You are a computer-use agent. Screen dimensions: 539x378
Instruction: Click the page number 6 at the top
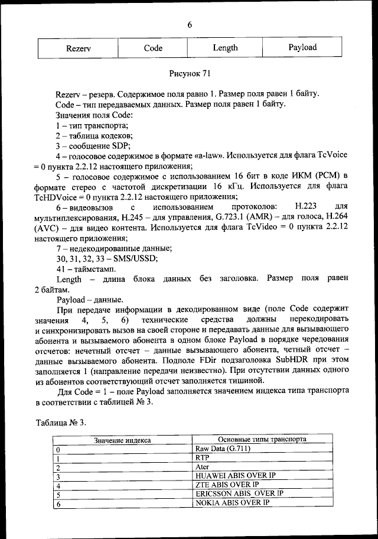pos(190,25)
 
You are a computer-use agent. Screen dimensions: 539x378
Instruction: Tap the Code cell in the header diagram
pos(153,48)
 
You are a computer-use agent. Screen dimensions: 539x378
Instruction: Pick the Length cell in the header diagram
pos(225,47)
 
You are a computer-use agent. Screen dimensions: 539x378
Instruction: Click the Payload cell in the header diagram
pos(302,47)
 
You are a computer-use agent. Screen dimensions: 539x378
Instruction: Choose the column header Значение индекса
pos(122,440)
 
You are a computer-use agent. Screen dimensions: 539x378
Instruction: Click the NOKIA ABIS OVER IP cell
pos(232,502)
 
